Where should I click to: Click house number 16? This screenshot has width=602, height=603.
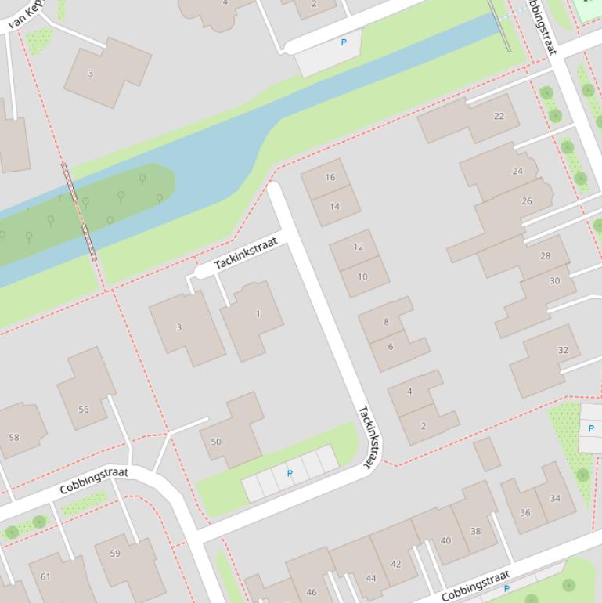pos(330,177)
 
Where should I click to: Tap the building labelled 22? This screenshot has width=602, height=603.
pos(499,116)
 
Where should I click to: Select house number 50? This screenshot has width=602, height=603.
pos(216,442)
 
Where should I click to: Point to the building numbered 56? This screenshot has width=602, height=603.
pos(83,409)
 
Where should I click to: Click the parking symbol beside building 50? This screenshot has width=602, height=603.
pos(290,474)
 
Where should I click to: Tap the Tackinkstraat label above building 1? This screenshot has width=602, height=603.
pos(246,253)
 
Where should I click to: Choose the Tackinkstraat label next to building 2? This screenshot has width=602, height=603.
pos(370,436)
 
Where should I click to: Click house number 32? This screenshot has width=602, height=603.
pos(563,350)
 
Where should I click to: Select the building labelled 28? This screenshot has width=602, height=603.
pos(545,255)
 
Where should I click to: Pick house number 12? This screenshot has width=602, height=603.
pos(358,247)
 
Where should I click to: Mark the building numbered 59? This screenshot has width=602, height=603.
pos(115,554)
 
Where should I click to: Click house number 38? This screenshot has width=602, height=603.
pos(475,531)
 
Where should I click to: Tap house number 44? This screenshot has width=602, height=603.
pos(370,579)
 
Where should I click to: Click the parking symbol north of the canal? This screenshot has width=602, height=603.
pos(343,42)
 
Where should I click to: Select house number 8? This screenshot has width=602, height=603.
pos(385,322)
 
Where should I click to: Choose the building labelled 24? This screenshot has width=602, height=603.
pos(517,171)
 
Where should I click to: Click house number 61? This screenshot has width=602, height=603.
pos(45,577)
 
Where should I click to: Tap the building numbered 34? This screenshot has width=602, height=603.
pos(555,498)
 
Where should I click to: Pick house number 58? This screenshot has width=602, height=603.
pos(14,437)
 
